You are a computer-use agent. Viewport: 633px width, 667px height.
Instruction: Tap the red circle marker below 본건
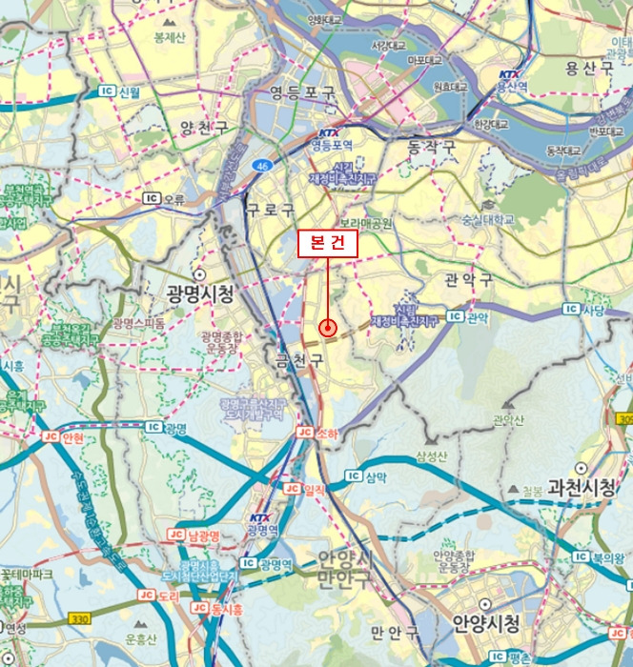pyautogui.click(x=329, y=328)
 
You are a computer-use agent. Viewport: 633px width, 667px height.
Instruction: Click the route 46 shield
pyautogui.click(x=260, y=165)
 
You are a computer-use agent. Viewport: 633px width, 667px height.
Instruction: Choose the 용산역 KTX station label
pyautogui.click(x=511, y=87)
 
